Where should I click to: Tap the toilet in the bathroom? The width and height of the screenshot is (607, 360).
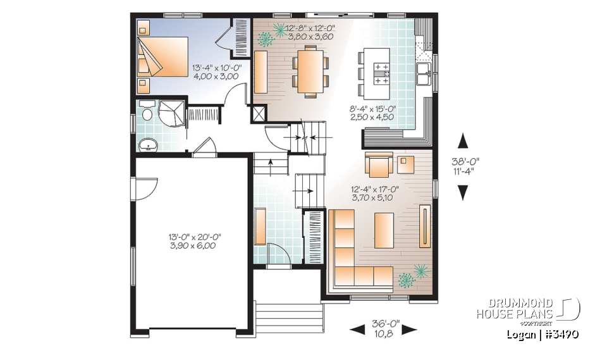[x=146, y=113]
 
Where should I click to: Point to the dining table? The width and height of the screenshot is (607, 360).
[x=310, y=70]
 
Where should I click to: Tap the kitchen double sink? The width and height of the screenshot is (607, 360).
[x=423, y=69]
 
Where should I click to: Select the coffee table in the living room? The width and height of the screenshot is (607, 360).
[x=384, y=227]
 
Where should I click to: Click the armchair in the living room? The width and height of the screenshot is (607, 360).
[x=377, y=166]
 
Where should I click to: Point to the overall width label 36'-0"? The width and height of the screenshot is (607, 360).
[x=383, y=328]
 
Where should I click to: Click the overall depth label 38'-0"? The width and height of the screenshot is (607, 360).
[x=463, y=164]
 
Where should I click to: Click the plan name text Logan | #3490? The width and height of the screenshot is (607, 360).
[x=544, y=333]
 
